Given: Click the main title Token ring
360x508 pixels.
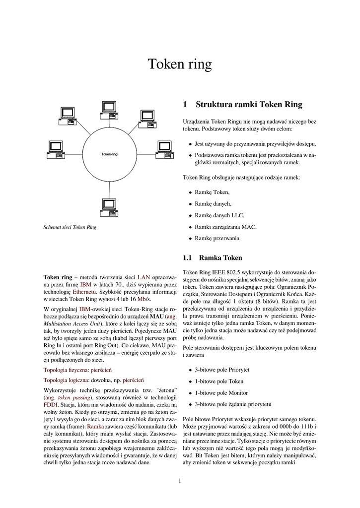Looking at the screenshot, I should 180,64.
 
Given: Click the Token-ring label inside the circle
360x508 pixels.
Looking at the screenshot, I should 109,154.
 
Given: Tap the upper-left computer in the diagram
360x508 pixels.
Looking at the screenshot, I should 67,116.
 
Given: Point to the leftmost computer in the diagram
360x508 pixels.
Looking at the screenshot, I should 53,149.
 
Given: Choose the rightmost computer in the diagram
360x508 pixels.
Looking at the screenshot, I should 164,149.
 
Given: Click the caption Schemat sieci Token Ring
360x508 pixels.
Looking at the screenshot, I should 70,228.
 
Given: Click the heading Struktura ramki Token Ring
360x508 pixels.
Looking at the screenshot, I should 249,105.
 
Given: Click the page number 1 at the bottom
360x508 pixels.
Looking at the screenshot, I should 180,480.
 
